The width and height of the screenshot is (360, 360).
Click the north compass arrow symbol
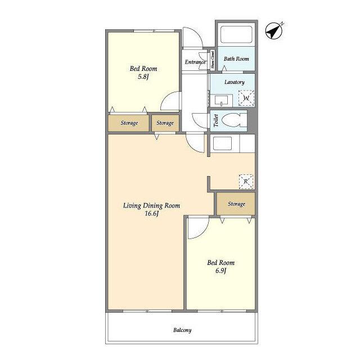274,31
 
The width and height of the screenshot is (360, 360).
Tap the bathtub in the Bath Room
236,34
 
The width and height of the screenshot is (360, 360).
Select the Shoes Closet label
213,60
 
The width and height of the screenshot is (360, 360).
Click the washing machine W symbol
246,98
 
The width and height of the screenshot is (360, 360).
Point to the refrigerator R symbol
246,181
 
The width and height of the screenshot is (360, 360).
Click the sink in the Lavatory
221,100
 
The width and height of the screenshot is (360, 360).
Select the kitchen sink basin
222,143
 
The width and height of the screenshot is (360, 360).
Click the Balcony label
182,330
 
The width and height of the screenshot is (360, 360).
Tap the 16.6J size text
152,214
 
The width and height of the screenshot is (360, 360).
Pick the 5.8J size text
143,76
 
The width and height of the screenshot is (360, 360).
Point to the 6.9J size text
220,271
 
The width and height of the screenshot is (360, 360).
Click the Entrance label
195,62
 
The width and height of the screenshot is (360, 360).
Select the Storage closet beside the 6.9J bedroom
236,204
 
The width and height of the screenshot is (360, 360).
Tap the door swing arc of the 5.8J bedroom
165,97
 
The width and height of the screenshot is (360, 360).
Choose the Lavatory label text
235,82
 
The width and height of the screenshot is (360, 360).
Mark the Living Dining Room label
151,205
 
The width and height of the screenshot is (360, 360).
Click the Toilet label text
216,121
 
